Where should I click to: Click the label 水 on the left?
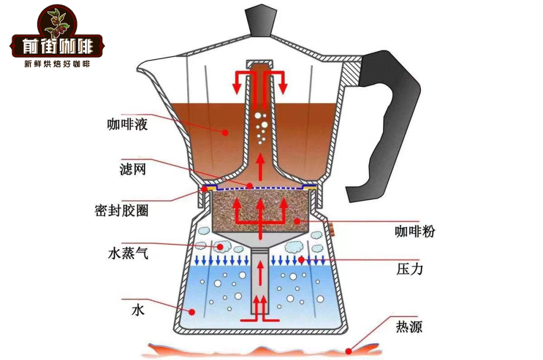[x=137, y=311]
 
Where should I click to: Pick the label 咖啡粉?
[x=415, y=232]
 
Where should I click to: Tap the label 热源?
[x=409, y=327]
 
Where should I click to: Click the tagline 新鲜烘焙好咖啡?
[x=56, y=64]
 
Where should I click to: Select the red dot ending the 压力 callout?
[x=300, y=261]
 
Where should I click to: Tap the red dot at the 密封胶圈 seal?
[x=205, y=188]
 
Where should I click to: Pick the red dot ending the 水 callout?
[x=192, y=312]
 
